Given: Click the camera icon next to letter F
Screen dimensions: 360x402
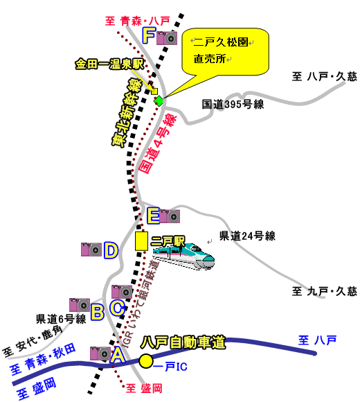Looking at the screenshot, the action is (167, 38).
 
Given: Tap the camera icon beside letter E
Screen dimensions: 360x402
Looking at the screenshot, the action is (170, 216).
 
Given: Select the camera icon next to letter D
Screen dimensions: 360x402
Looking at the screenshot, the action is (91, 250).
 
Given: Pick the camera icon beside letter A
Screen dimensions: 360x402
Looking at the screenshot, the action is (100, 353).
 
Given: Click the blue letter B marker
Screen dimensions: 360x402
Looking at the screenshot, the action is (98, 312).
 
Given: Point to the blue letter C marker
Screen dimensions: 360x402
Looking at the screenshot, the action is (118, 308).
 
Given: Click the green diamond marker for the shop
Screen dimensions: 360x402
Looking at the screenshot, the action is (159, 101).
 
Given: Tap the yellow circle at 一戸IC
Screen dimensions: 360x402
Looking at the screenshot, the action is (146, 361).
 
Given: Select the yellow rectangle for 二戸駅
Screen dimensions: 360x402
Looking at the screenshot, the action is (141, 241).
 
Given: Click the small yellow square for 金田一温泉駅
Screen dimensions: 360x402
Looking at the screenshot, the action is (154, 91).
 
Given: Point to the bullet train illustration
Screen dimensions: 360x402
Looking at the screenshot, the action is (183, 256).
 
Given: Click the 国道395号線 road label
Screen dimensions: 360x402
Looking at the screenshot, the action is (233, 105).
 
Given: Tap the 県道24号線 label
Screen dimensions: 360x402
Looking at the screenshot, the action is (247, 236).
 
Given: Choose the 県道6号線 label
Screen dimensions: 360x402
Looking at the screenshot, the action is (61, 320).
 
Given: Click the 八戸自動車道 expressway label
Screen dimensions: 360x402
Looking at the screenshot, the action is (183, 342).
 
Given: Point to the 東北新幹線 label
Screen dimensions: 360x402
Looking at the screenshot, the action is (127, 112).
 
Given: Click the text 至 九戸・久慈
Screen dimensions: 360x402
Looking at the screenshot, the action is (325, 292).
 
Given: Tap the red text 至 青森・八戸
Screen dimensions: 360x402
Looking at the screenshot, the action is (138, 21).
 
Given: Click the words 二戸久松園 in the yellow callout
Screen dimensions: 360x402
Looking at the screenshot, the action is (221, 42).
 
